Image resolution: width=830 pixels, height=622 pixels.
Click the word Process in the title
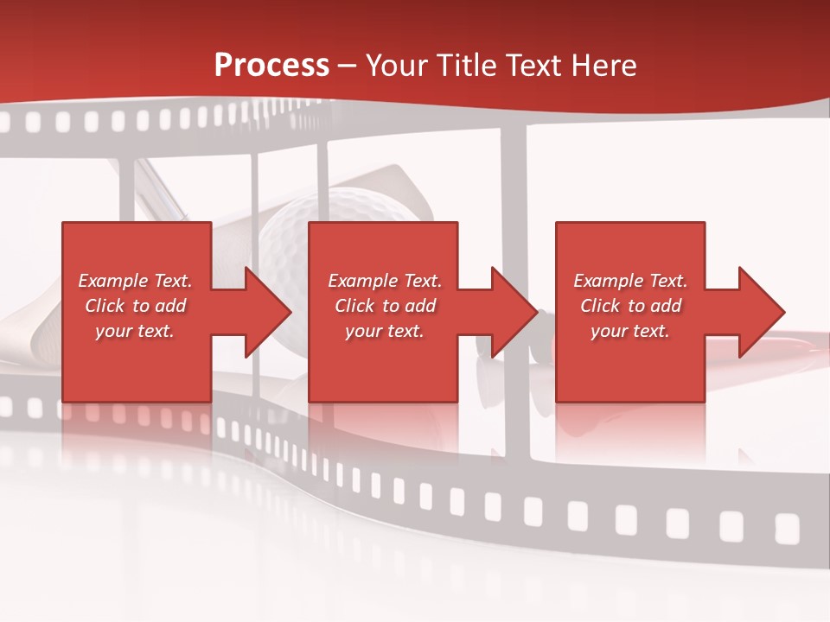coord(271,66)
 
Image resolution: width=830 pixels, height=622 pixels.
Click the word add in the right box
coord(666,306)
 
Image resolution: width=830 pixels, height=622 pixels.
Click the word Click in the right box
coord(602,306)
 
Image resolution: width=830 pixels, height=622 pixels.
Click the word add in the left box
coord(170,306)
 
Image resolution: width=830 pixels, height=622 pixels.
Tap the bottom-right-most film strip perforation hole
coord(787,528)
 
